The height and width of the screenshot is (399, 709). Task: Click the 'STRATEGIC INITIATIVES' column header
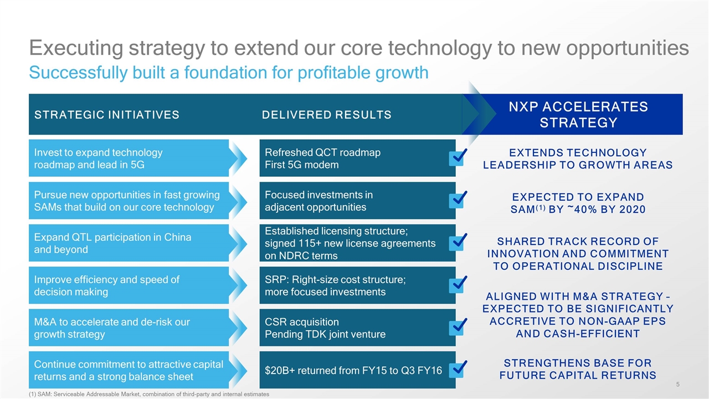(107, 115)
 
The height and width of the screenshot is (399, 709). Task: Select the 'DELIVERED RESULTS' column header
(326, 115)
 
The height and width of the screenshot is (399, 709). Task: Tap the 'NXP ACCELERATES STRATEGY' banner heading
(578, 115)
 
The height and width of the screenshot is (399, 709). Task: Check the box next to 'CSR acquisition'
(457, 326)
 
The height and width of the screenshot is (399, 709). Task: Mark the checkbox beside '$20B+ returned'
(457, 370)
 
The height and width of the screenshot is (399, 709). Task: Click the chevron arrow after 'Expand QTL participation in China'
(239, 243)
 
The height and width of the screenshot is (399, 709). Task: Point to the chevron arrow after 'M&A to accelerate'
(239, 328)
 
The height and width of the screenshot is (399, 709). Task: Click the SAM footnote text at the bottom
(148, 394)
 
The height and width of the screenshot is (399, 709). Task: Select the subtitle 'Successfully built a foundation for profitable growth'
(228, 73)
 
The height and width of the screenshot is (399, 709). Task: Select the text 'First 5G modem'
(302, 165)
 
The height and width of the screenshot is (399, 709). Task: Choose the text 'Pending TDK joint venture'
(325, 334)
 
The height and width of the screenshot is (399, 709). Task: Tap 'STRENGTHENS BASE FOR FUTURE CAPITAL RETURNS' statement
(578, 369)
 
